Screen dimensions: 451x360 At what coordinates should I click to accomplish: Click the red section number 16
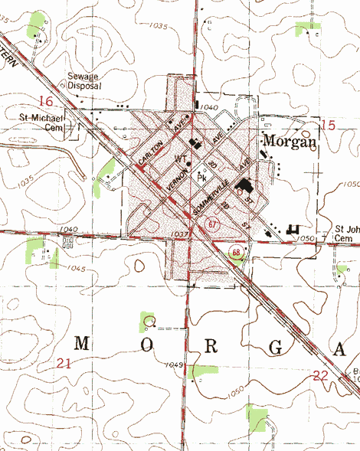click(47, 102)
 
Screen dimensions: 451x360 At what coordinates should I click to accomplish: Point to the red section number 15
click(329, 125)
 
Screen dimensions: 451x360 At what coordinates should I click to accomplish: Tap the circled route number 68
click(237, 252)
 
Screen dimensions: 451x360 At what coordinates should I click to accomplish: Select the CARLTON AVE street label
click(162, 142)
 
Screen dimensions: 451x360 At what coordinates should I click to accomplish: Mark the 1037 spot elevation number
click(182, 234)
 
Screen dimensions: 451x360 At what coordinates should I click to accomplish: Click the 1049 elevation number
click(172, 365)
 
